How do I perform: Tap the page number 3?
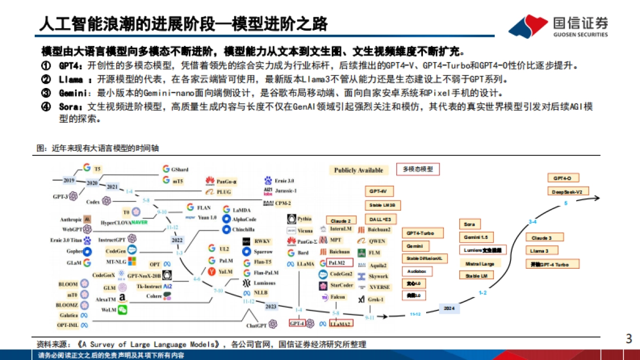628,338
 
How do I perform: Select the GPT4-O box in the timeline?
563,178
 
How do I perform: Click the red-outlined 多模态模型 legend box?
421,170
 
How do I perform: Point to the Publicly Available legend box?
358,170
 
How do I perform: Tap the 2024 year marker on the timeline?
449,308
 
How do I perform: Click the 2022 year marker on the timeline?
177,240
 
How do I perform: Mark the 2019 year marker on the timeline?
69,180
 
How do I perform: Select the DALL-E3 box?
382,219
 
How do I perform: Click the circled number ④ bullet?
46,107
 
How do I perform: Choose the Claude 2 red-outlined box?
340,220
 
